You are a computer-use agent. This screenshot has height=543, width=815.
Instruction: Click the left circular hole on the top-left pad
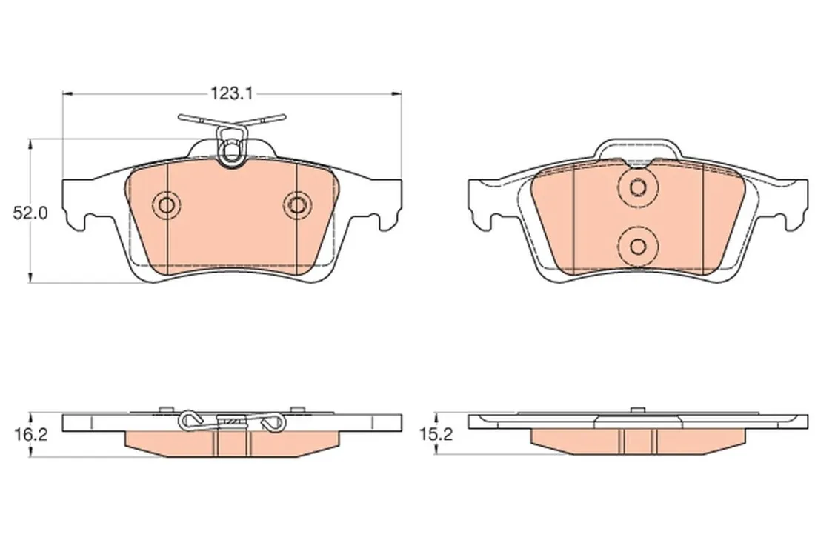pos(167,205)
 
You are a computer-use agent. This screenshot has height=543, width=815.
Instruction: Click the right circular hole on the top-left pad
pos(297,205)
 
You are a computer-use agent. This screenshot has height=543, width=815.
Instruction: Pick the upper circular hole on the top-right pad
pos(638,186)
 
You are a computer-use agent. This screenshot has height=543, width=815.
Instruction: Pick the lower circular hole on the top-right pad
pos(638,245)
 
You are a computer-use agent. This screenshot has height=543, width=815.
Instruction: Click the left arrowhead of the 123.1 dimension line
pos(67,93)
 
